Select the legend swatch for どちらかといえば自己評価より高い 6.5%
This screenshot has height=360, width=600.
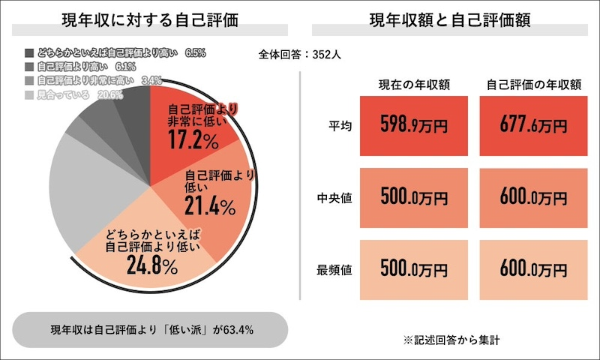[x=29, y=53]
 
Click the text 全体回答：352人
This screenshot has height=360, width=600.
[x=300, y=54]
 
